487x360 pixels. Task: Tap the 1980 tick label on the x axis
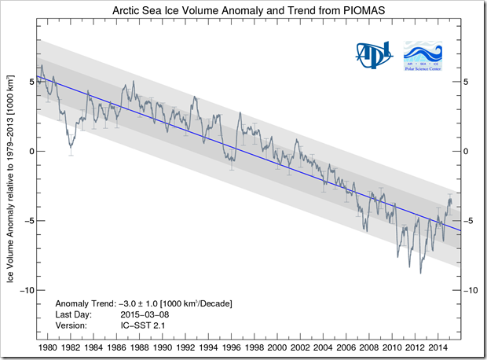tap(47, 347)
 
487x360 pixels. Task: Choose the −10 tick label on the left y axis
tap(23, 290)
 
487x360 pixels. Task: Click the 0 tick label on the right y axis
tap(466, 151)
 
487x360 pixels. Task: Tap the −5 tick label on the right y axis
tap(468, 221)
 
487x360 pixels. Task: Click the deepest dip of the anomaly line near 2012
tap(421, 272)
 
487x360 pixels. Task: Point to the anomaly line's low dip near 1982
tap(71, 146)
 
